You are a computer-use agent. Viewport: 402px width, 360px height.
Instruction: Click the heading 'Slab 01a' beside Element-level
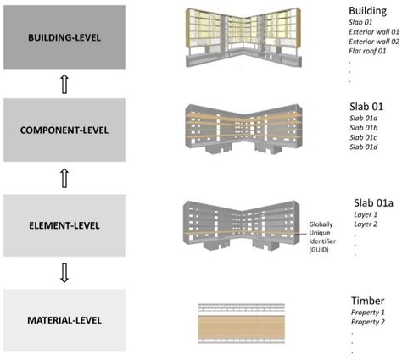(373, 203)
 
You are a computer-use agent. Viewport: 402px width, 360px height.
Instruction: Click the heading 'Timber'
(367, 301)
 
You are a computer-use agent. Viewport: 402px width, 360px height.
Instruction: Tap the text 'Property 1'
(370, 314)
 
